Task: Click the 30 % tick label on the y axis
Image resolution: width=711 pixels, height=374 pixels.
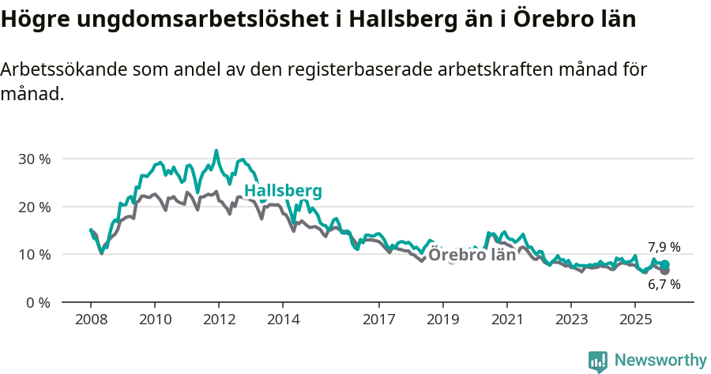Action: click(x=33, y=159)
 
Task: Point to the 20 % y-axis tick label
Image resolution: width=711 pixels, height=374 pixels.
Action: click(x=33, y=207)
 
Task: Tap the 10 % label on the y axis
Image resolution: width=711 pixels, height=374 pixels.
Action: click(x=33, y=255)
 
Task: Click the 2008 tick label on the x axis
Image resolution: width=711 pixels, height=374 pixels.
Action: click(x=91, y=320)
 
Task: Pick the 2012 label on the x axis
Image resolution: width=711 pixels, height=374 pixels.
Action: click(x=219, y=320)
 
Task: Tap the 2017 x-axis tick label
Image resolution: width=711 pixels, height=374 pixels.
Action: click(x=378, y=320)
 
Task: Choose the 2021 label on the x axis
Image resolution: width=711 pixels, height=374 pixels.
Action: click(x=506, y=320)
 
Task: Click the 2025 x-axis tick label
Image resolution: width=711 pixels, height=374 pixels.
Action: click(x=634, y=320)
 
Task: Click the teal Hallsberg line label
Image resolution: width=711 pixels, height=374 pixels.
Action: click(x=283, y=192)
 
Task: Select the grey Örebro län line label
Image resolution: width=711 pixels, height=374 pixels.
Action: click(x=472, y=255)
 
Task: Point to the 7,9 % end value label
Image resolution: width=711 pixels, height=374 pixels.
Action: click(x=664, y=247)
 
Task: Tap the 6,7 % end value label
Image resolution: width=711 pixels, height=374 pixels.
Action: click(x=664, y=285)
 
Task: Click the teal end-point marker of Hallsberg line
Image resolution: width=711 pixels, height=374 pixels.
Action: click(x=665, y=265)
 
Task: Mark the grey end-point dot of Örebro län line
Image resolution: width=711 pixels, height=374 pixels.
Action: click(x=665, y=271)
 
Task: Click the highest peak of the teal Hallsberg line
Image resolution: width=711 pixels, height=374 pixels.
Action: click(x=216, y=151)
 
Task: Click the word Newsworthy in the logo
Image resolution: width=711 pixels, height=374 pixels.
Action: click(x=660, y=361)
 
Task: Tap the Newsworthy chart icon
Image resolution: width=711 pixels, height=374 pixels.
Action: click(x=598, y=361)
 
